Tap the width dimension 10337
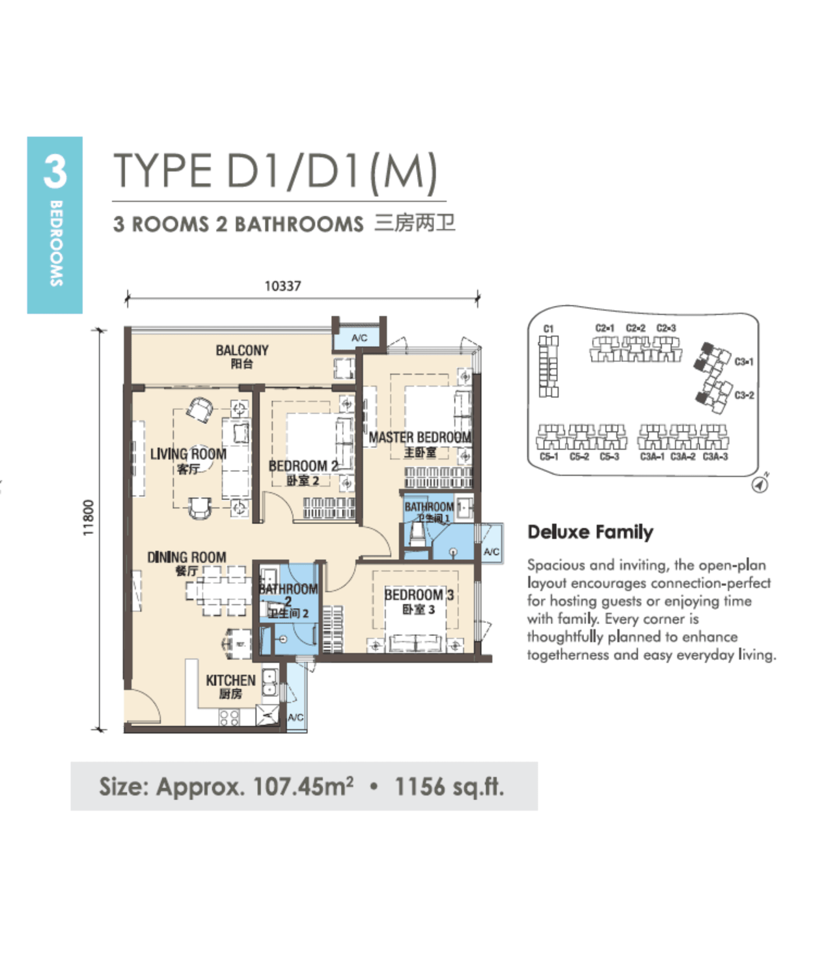282,286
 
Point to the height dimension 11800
89,518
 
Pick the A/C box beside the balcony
359,338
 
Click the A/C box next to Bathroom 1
491,551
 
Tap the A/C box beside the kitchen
296,717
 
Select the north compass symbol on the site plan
760,484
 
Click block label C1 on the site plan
548,329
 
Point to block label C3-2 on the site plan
744,395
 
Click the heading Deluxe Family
590,532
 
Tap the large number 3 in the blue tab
55,172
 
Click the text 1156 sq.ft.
449,786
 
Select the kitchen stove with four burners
229,717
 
